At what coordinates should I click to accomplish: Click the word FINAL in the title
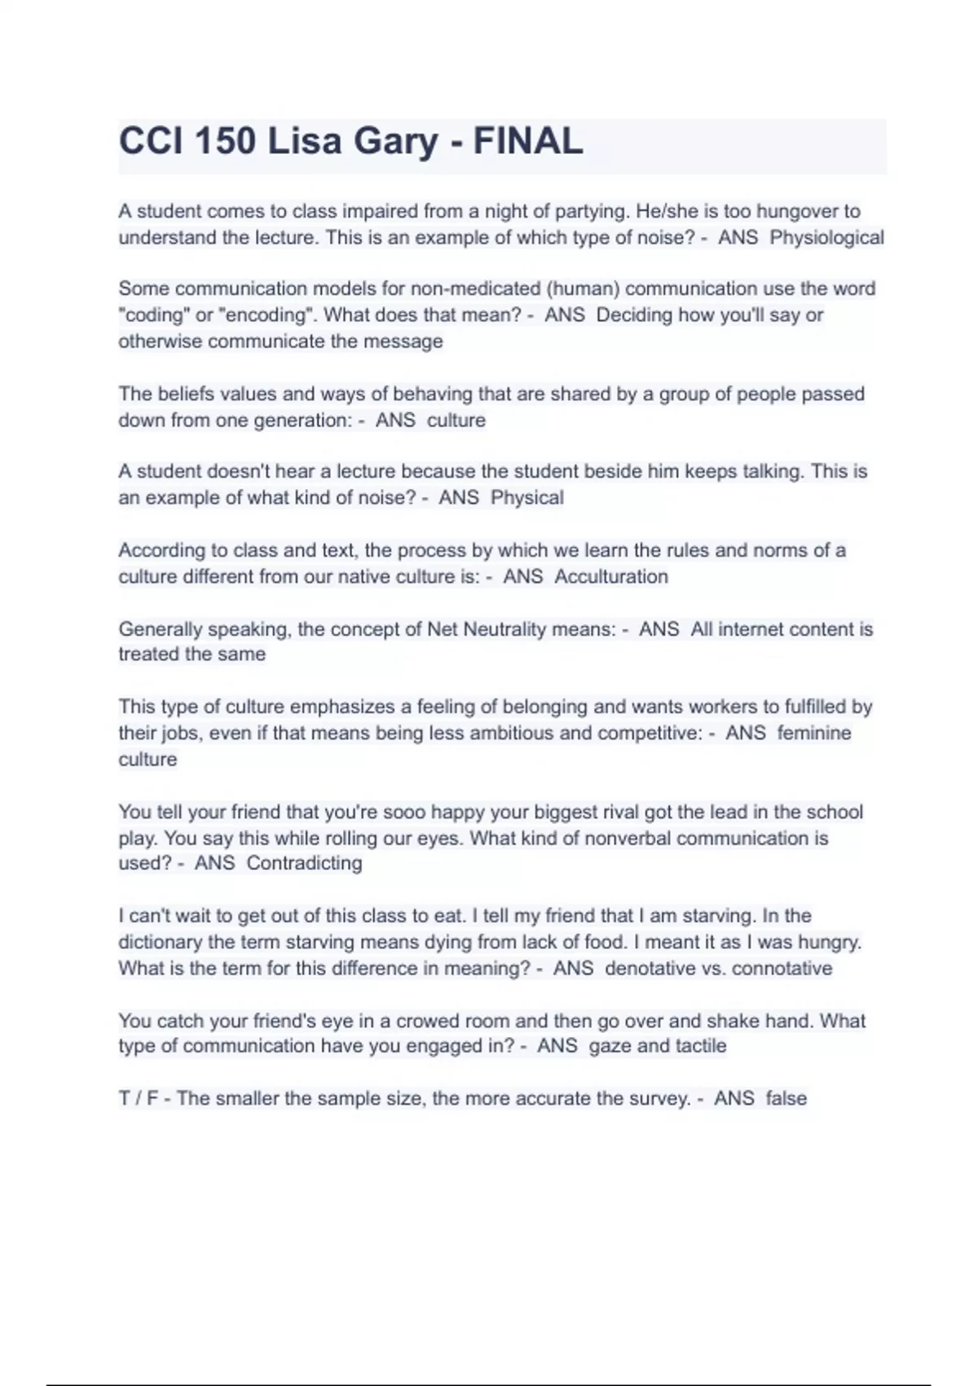click(x=528, y=142)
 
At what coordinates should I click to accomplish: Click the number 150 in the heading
click(x=226, y=142)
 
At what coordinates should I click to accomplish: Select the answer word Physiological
click(x=826, y=238)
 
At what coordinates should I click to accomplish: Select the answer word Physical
click(x=526, y=498)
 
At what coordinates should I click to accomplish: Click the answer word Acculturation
click(x=611, y=576)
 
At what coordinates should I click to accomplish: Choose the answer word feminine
click(x=814, y=733)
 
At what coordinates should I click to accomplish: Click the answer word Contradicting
click(x=304, y=863)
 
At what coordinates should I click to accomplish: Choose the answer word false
click(x=786, y=1099)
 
